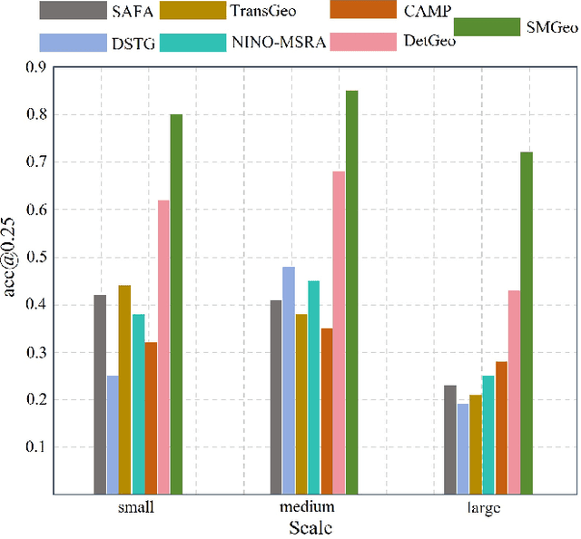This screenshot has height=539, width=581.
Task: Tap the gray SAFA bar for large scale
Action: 450,439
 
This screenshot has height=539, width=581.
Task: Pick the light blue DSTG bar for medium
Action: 289,380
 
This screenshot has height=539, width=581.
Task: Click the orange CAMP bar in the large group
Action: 501,427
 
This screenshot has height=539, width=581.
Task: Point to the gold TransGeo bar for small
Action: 125,389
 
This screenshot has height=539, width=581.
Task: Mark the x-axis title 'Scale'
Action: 311,527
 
